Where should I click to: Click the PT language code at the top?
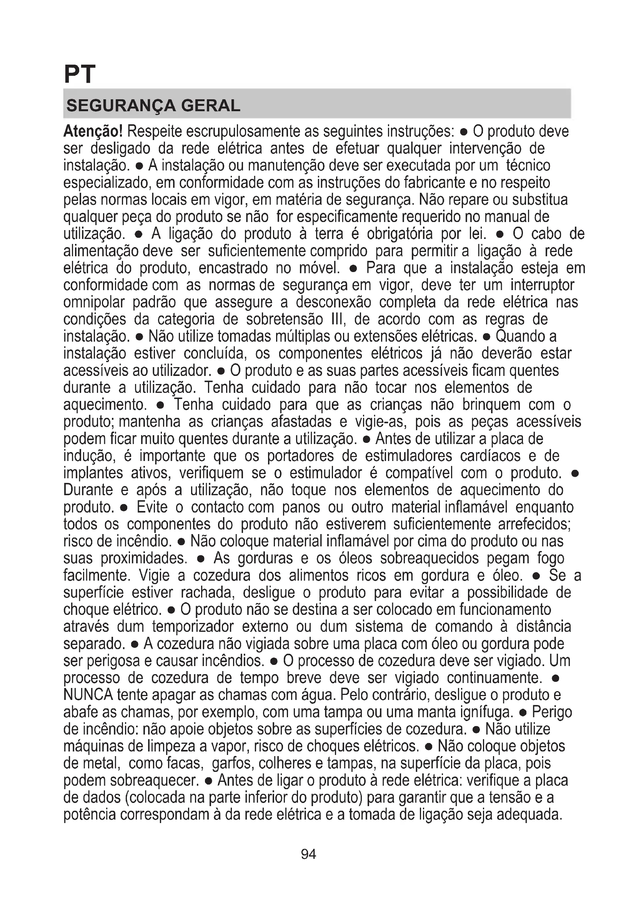point(80,74)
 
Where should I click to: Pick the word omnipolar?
point(94,302)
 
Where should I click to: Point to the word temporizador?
point(193,626)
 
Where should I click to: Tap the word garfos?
point(233,763)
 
